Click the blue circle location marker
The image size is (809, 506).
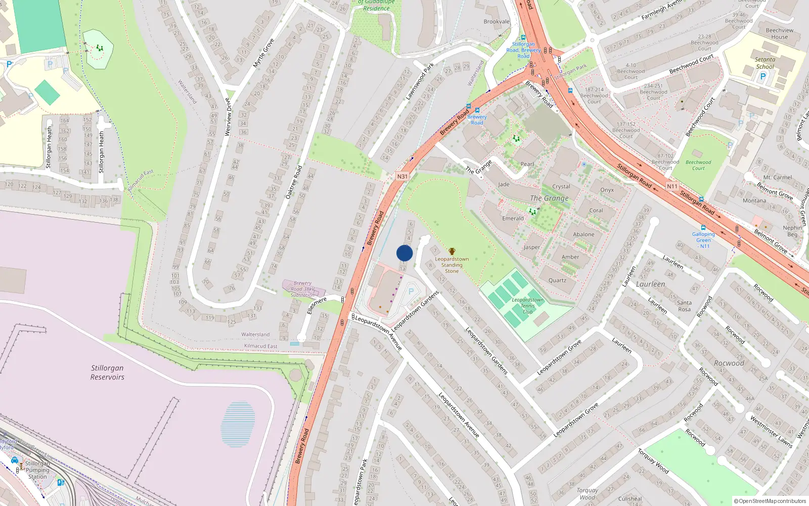coord(404,253)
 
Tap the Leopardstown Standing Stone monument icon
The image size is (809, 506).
coord(452,251)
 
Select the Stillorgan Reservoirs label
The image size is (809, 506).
coord(107,372)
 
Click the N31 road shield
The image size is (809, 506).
coord(402,177)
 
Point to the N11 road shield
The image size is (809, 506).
coord(672,186)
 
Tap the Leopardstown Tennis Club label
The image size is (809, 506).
coord(527,306)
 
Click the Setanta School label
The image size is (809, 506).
coord(765,63)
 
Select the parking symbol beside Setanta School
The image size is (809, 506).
coord(763,76)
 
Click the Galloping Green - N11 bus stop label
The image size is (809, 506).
coord(703,240)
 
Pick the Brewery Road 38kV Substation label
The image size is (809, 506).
coord(302,289)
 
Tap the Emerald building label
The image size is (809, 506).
coord(513,219)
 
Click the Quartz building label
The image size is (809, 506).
coord(557,280)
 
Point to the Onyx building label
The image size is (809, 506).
coord(607,190)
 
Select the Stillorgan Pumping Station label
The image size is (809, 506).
coord(37,470)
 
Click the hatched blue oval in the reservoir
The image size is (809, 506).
coord(238,424)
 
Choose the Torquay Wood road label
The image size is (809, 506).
coord(653,461)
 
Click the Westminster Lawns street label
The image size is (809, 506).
coord(771,432)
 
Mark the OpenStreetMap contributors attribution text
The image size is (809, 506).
coord(770,501)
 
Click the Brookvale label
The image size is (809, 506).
coord(497,22)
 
